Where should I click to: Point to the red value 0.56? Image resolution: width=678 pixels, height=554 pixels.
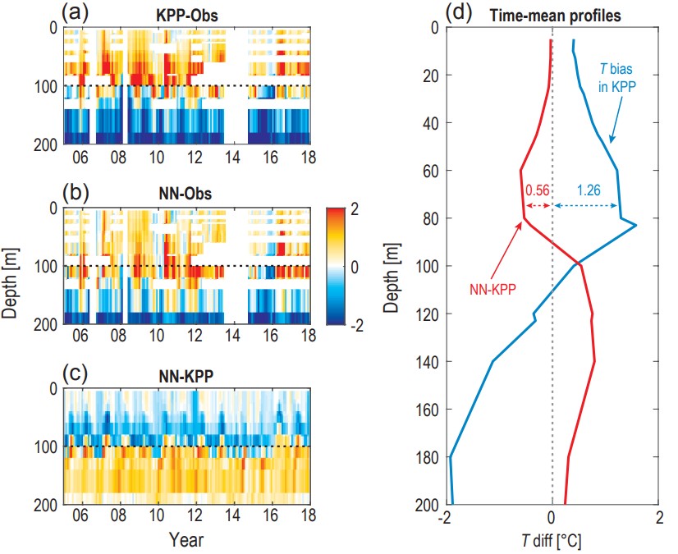click(536, 189)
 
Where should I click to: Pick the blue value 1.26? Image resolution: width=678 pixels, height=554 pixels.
click(587, 189)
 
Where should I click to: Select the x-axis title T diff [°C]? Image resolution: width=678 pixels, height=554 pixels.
click(552, 541)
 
